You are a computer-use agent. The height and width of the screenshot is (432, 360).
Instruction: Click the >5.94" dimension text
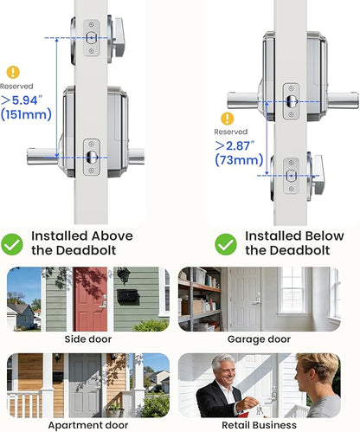22,100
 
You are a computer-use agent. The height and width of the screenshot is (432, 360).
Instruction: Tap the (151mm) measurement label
26,114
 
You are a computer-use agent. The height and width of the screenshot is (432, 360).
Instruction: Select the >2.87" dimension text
235,145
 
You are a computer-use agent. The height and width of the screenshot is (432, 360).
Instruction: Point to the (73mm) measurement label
239,159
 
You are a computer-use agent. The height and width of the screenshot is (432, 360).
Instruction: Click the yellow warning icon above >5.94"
13,72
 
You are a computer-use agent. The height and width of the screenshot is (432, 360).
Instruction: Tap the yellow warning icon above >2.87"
228,119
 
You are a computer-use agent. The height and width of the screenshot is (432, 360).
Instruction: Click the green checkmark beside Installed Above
12,244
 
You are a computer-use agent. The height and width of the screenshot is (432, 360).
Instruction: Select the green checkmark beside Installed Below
226,244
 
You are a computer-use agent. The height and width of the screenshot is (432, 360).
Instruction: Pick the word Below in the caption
325,236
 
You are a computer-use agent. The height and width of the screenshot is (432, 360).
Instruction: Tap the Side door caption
88,339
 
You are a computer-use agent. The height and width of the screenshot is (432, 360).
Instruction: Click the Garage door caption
259,339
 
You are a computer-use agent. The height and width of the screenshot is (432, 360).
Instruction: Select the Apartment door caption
88,425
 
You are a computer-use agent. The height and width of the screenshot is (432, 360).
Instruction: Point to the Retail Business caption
259,425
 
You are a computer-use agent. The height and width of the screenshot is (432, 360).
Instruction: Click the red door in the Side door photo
90,299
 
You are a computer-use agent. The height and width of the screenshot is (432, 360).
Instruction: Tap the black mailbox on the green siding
128,297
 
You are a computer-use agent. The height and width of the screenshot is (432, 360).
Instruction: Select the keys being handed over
260,409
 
